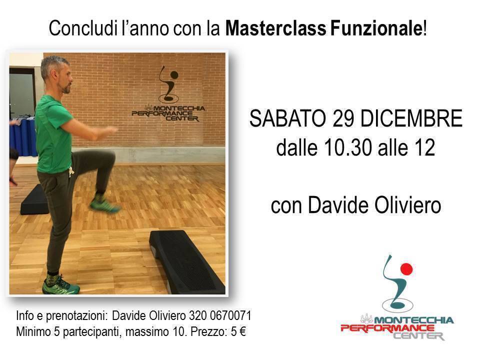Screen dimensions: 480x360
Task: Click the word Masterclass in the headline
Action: tap(276, 28)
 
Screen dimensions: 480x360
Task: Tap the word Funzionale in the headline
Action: tap(376, 28)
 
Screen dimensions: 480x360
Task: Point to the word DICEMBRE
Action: tap(411, 118)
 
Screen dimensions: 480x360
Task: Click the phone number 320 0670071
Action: tap(220, 315)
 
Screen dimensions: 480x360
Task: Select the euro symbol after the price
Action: tap(242, 331)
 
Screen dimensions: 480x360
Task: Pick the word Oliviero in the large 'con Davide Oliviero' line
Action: tap(408, 205)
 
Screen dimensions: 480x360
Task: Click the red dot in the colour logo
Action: tap(406, 269)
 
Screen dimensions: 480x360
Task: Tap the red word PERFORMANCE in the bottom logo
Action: tap(387, 328)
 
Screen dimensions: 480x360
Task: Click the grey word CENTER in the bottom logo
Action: tap(418, 336)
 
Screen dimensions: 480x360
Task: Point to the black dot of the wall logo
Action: tap(174, 74)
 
